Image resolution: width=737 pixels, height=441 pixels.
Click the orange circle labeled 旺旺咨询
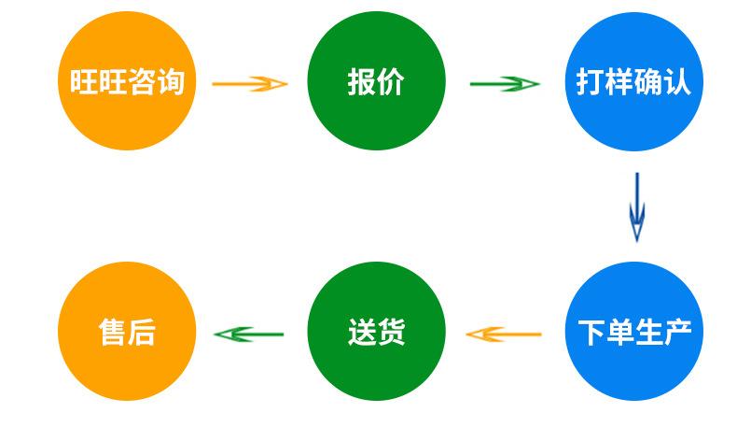pyautogui.click(x=127, y=81)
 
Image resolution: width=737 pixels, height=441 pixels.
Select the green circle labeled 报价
pyautogui.click(x=377, y=81)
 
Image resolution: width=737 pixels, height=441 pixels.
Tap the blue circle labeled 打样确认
pyautogui.click(x=634, y=81)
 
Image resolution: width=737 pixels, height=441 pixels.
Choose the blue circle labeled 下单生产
pyautogui.click(x=634, y=332)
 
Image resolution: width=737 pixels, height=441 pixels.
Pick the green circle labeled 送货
pyautogui.click(x=377, y=332)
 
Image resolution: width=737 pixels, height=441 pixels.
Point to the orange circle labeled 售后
pyautogui.click(x=127, y=332)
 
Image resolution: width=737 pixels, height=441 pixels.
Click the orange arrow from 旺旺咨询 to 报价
pyautogui.click(x=250, y=84)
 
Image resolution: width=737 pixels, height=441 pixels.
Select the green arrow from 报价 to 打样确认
pyautogui.click(x=505, y=84)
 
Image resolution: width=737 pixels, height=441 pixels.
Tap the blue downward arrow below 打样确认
pyautogui.click(x=637, y=207)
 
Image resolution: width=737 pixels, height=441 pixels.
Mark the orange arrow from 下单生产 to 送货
pyautogui.click(x=504, y=334)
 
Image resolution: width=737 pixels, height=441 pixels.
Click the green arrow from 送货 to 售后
pyautogui.click(x=249, y=334)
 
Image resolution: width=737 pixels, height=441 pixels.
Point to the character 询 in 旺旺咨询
pyautogui.click(x=170, y=81)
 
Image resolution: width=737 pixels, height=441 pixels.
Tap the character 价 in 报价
pyautogui.click(x=391, y=82)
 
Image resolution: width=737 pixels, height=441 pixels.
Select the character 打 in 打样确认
pyautogui.click(x=591, y=82)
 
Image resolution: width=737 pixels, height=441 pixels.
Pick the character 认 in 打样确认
pyautogui.click(x=677, y=82)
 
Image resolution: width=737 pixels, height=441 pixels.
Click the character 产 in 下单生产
pyautogui.click(x=677, y=333)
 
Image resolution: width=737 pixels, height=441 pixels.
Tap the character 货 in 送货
pyautogui.click(x=391, y=333)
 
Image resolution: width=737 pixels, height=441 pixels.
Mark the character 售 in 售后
pyautogui.click(x=112, y=333)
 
